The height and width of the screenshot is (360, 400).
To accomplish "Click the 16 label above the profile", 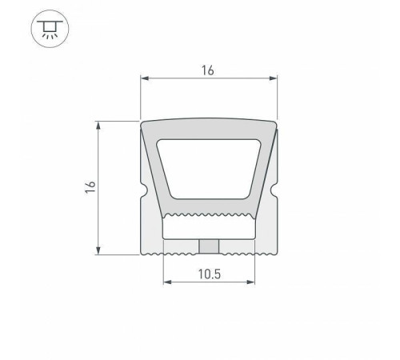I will pyautogui.click(x=208, y=70).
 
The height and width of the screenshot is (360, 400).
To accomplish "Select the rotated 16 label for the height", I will pyautogui.click(x=90, y=186).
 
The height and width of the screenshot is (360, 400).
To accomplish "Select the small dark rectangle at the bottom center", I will pyautogui.click(x=210, y=246).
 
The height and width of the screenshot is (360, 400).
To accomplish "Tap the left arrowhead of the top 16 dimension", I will pyautogui.click(x=145, y=78).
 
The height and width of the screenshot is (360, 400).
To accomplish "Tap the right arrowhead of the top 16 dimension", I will pyautogui.click(x=274, y=78).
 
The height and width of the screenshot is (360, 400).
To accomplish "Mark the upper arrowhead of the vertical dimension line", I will pyautogui.click(x=99, y=125).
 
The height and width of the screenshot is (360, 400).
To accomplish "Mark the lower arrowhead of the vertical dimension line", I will pyautogui.click(x=99, y=250).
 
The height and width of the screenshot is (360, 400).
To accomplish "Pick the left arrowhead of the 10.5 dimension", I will pyautogui.click(x=166, y=282).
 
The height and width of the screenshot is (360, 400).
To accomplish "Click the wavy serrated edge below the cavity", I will pyautogui.click(x=209, y=217).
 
